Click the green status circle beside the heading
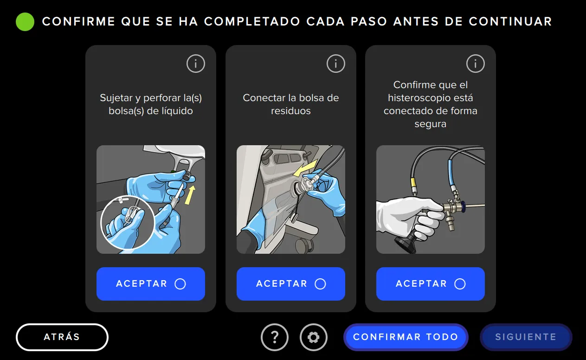coord(25,22)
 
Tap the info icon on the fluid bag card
coord(196,64)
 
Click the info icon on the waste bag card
coord(336,64)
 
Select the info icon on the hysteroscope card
coord(476,64)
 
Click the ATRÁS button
coord(62,337)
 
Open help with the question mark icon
coord(275,337)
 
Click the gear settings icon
coord(314,337)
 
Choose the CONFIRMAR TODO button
coord(406,337)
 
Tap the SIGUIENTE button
coord(526,337)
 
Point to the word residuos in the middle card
coord(291,111)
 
